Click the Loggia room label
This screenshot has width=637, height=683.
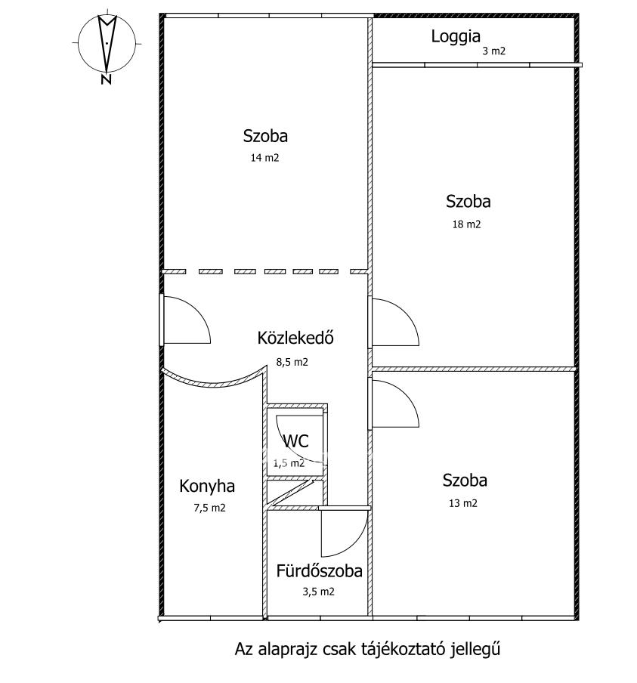[456, 37]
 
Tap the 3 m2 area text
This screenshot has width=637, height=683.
[493, 51]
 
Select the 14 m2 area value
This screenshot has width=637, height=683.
[264, 158]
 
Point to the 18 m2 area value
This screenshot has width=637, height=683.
[466, 224]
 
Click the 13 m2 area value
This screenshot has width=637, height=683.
[462, 503]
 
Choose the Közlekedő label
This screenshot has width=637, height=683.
[295, 338]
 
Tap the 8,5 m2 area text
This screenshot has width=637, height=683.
[292, 362]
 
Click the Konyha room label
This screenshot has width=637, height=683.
[207, 486]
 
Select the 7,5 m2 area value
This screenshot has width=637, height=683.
[209, 508]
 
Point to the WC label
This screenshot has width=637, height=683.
[296, 441]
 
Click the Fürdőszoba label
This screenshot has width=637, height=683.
[319, 571]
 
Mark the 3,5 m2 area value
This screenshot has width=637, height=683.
[319, 592]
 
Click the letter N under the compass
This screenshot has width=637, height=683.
[106, 79]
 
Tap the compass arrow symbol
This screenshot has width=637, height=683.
[107, 42]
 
